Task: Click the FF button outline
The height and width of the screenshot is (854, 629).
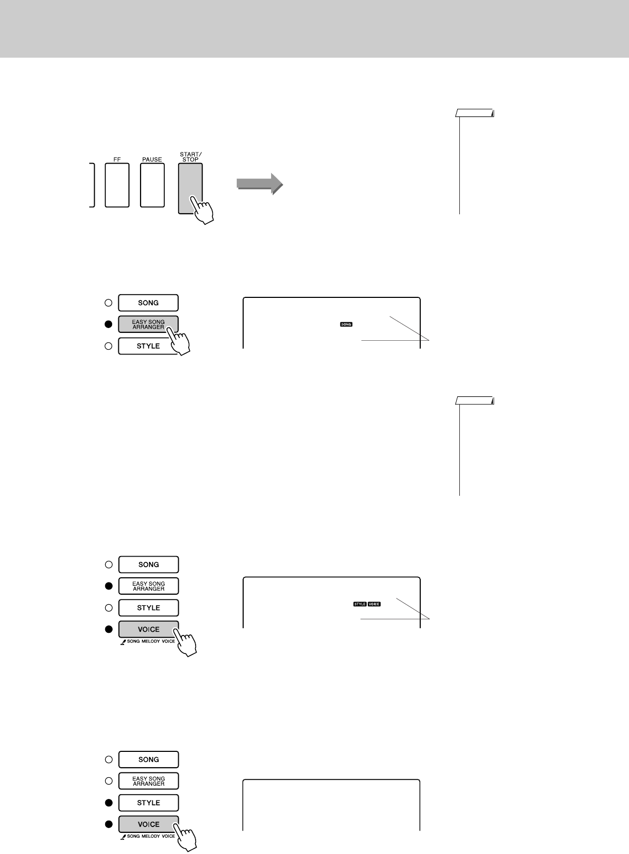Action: coord(117,185)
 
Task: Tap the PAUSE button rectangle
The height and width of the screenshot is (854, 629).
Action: coord(152,185)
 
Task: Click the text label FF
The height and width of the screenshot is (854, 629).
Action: coord(117,159)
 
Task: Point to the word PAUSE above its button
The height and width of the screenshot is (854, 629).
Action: coord(152,159)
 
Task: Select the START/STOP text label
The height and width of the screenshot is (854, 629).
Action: coord(190,157)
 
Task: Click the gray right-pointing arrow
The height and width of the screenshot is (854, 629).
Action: coord(260,184)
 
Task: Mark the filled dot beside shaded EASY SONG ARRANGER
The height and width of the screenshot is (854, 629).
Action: coord(108,324)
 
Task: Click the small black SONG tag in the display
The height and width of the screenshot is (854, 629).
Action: coord(346,324)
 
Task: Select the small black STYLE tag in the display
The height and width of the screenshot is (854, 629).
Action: coord(360,604)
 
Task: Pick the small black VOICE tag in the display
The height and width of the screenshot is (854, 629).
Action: coord(374,604)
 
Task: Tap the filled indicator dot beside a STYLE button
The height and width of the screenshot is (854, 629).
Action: coord(108,803)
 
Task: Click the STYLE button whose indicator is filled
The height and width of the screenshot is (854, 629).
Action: coord(149,803)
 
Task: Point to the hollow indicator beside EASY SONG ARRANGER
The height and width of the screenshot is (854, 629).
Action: coord(108,781)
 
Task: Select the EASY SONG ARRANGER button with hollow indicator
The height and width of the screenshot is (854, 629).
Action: coord(149,781)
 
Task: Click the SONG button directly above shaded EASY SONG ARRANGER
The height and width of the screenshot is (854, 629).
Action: coord(148,303)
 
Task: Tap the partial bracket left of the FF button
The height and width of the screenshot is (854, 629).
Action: coord(93,185)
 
